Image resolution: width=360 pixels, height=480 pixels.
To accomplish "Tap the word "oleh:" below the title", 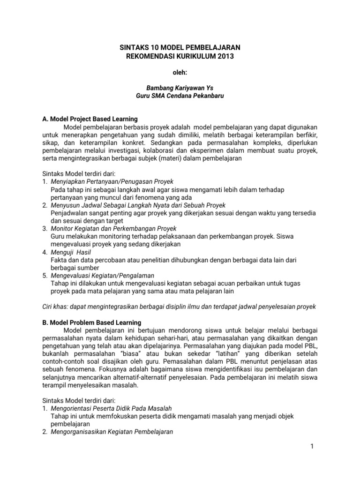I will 180,73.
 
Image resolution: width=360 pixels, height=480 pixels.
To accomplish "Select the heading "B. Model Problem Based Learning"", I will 91,322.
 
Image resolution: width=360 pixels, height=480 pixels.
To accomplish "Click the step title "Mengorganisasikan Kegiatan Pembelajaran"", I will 112,433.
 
